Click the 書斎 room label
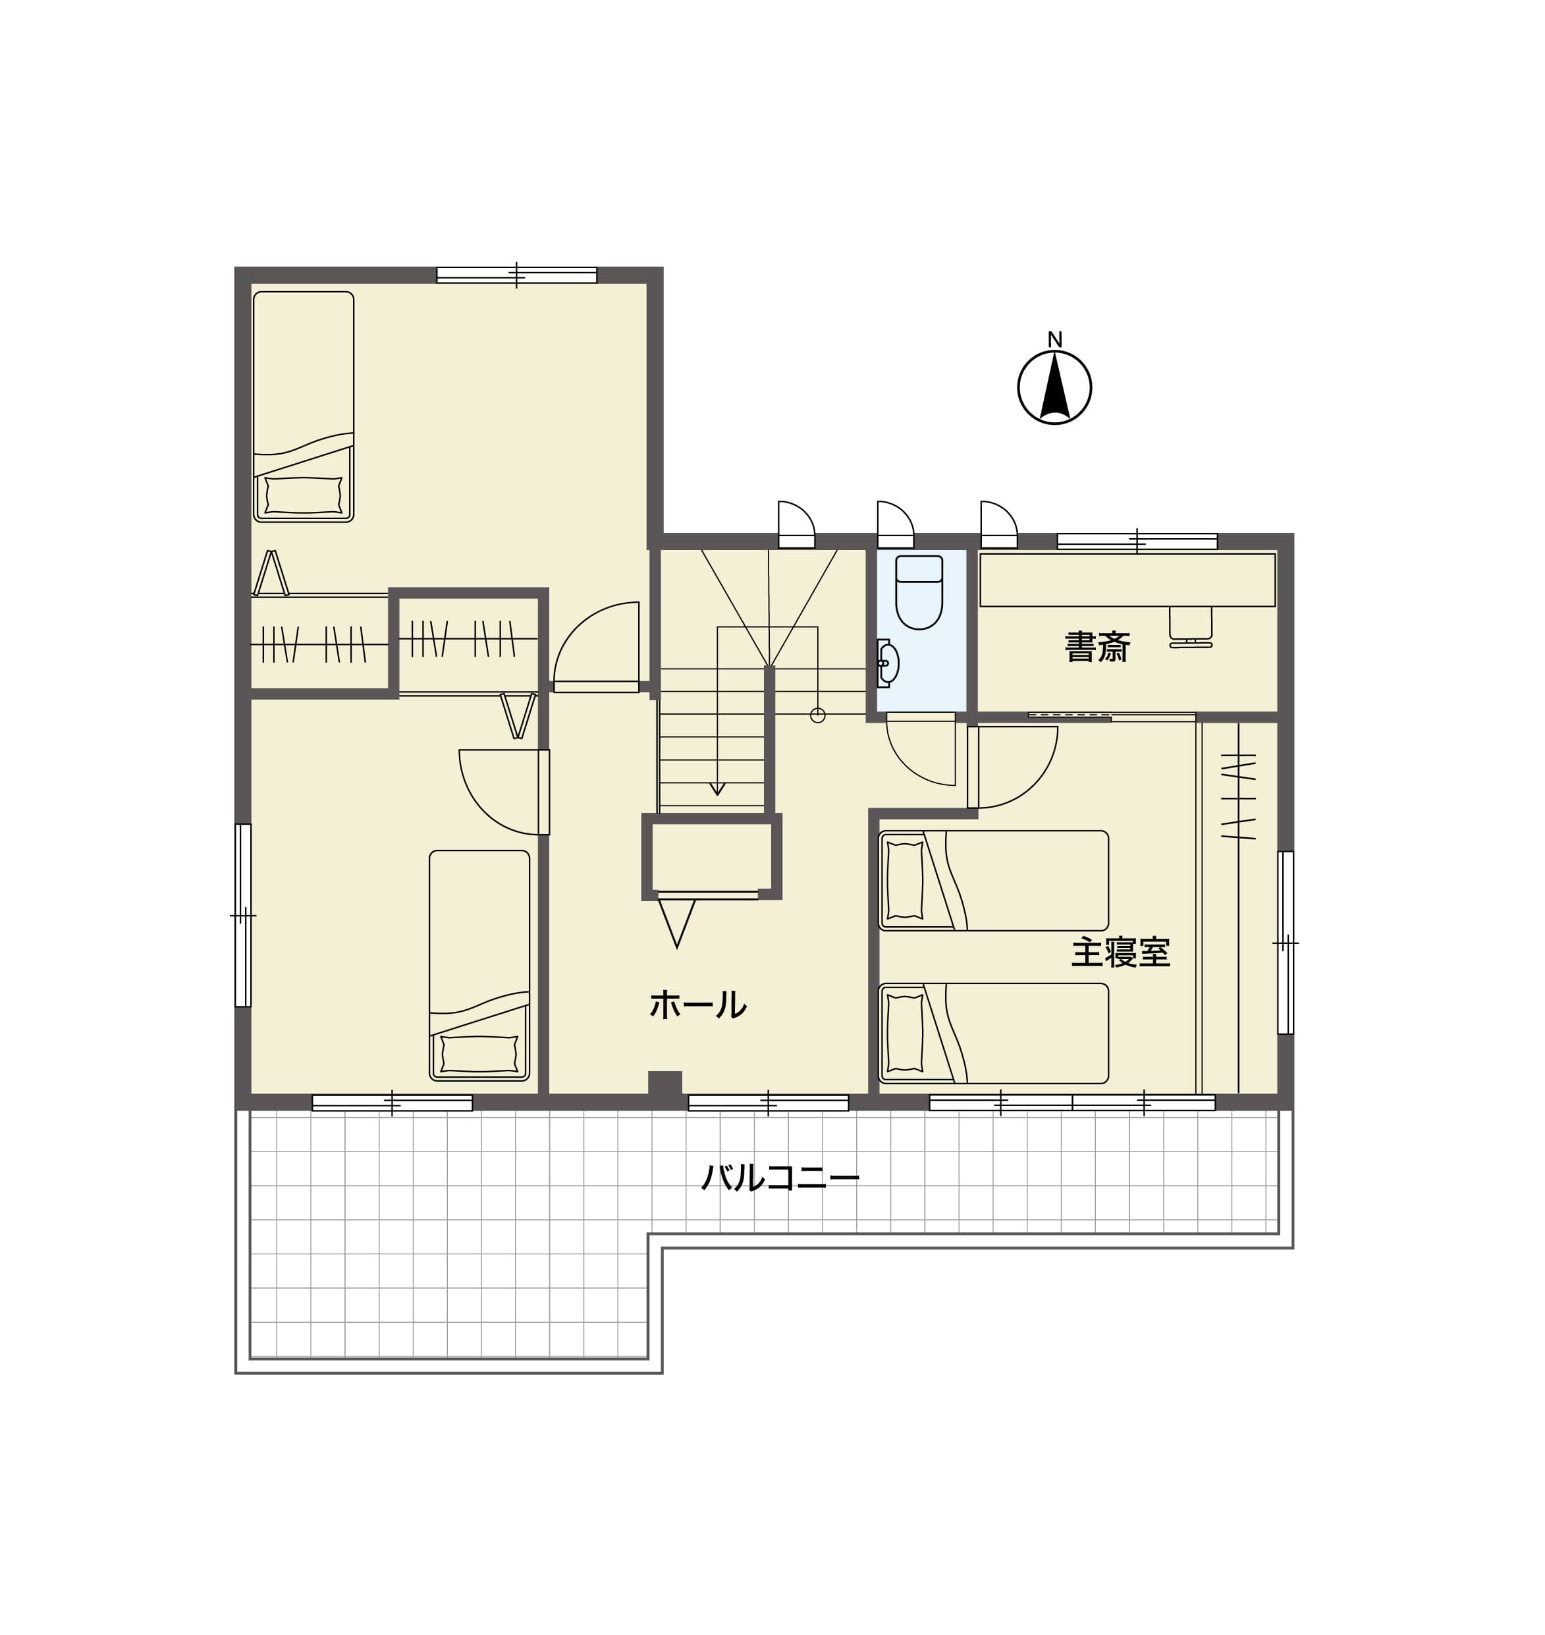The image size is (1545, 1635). pyautogui.click(x=1097, y=648)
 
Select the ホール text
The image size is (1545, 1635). pyautogui.click(x=697, y=1004)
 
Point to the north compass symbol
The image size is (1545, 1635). pyautogui.click(x=1054, y=387)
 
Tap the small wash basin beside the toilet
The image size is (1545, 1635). pyautogui.click(x=887, y=663)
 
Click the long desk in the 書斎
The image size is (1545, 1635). pyautogui.click(x=1127, y=580)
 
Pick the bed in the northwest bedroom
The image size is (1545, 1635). pyautogui.click(x=303, y=407)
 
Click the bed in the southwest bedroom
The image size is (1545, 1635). pyautogui.click(x=479, y=965)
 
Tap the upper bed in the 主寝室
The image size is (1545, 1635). pyautogui.click(x=993, y=881)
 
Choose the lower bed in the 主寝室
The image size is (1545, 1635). pyautogui.click(x=993, y=1033)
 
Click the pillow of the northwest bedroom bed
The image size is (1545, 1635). pyautogui.click(x=303, y=495)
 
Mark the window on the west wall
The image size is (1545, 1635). pyautogui.click(x=243, y=915)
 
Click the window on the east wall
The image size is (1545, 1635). pyautogui.click(x=1286, y=942)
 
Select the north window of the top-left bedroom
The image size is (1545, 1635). pyautogui.click(x=516, y=275)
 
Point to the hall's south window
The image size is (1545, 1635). pyautogui.click(x=769, y=1103)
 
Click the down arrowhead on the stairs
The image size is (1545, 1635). pyautogui.click(x=717, y=789)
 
